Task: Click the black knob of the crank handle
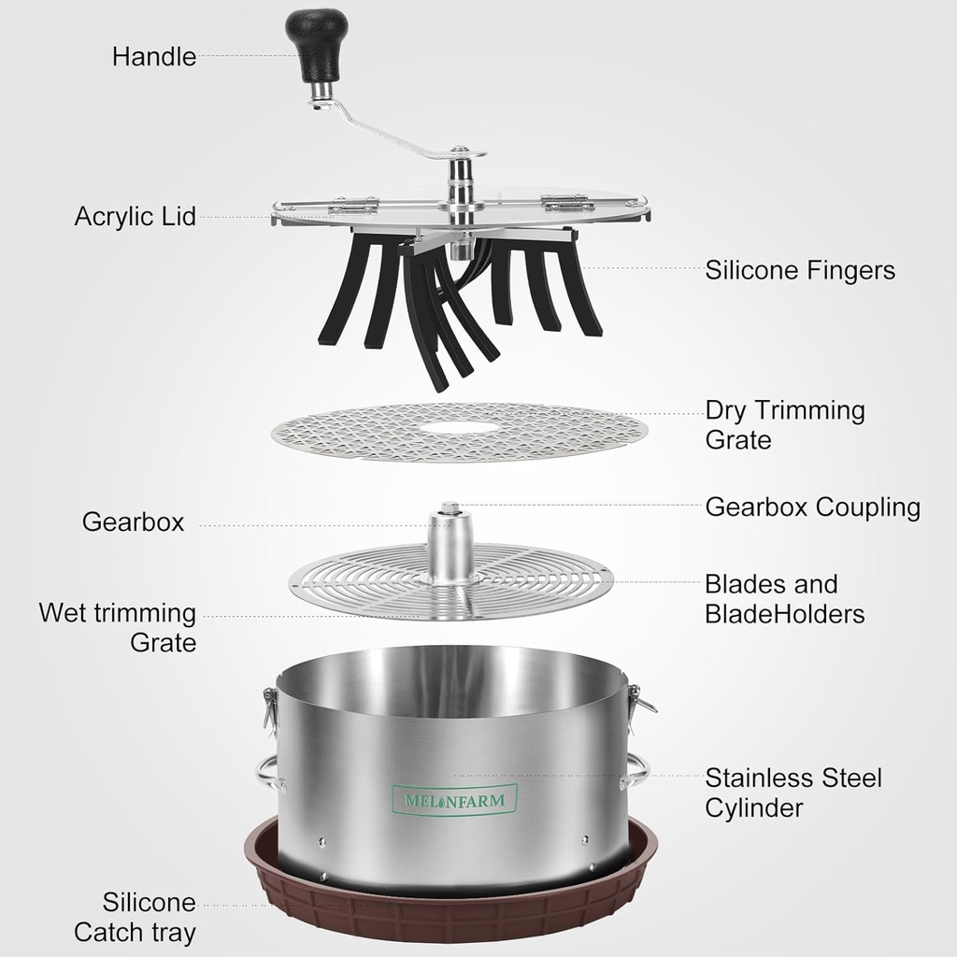pyautogui.click(x=316, y=44)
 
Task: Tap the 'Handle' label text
pyautogui.click(x=154, y=57)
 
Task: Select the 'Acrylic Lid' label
pyautogui.click(x=135, y=217)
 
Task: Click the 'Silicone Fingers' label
pyautogui.click(x=800, y=270)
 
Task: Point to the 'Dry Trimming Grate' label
pyautogui.click(x=785, y=425)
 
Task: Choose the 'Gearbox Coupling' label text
pyautogui.click(x=812, y=507)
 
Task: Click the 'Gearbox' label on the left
pyautogui.click(x=133, y=521)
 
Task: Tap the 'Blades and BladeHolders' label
pyautogui.click(x=785, y=599)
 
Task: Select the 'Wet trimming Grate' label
pyautogui.click(x=118, y=627)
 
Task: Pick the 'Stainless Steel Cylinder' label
pyautogui.click(x=793, y=793)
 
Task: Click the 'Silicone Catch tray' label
pyautogui.click(x=135, y=917)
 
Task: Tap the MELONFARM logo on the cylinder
pyautogui.click(x=454, y=800)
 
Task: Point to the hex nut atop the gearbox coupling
pyautogui.click(x=450, y=507)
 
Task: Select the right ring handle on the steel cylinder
pyautogui.click(x=635, y=770)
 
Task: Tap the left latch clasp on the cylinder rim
pyautogui.click(x=269, y=709)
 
